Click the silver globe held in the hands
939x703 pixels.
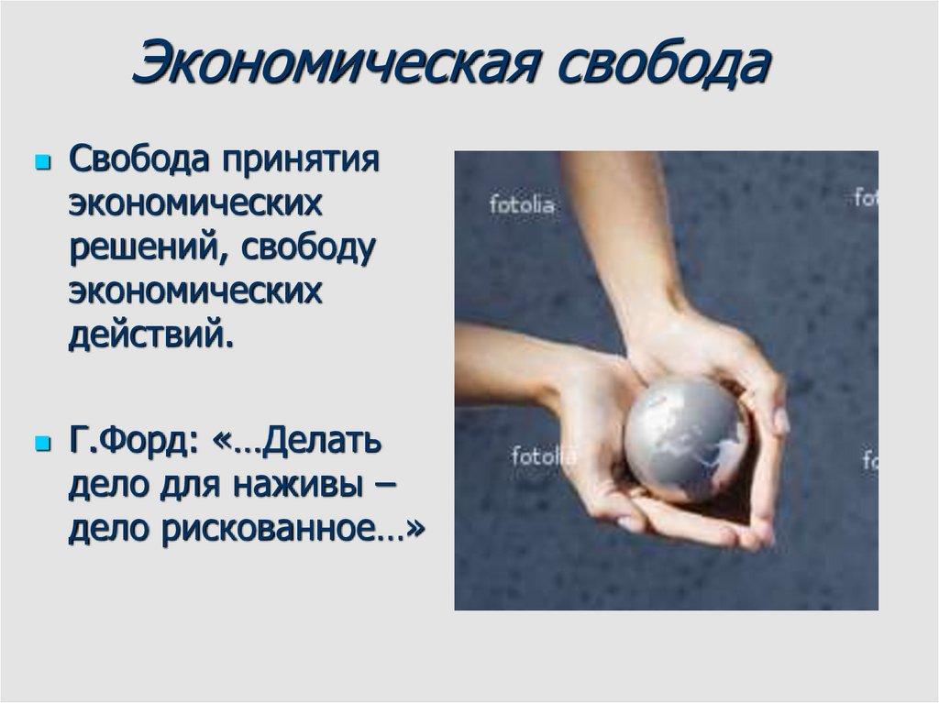687,440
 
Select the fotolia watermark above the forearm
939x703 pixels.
521,204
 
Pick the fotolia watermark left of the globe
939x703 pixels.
543,455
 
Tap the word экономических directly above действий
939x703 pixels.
195,291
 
